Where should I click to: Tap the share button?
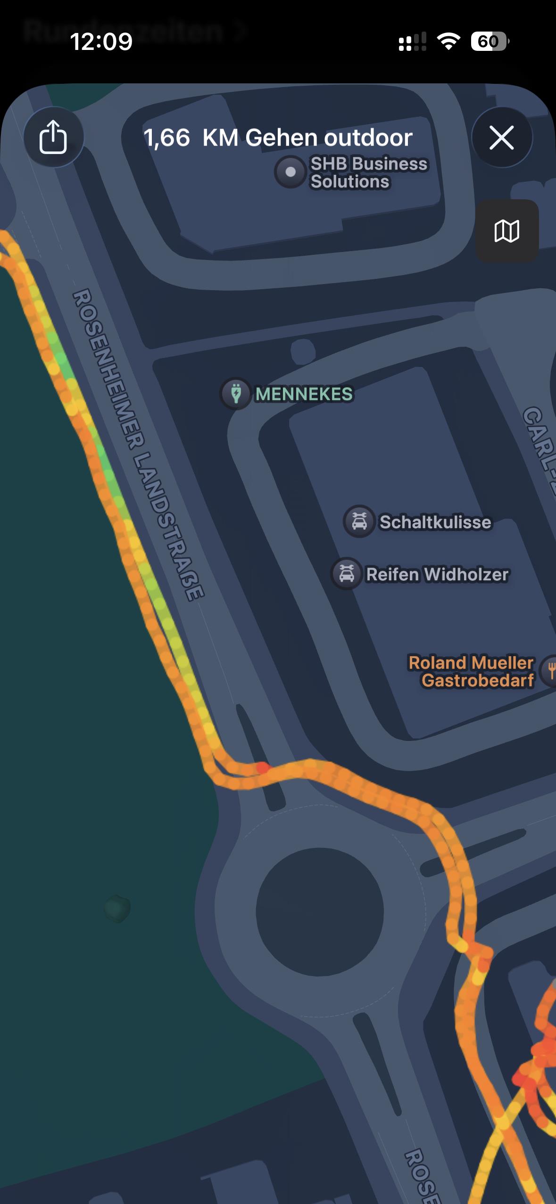[x=53, y=137]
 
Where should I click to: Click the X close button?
[x=501, y=138]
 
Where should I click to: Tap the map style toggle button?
[x=506, y=231]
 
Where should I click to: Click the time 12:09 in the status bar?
[x=101, y=42]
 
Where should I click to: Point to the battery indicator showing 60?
[x=490, y=42]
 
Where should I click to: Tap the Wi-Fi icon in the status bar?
[x=448, y=41]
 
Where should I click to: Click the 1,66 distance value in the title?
[x=166, y=138]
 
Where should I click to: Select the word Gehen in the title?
[x=282, y=138]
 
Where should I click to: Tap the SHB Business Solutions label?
[x=368, y=172]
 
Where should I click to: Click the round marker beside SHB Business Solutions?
[x=290, y=172]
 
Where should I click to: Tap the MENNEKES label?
[x=304, y=394]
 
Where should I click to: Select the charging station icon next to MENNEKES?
[x=236, y=393]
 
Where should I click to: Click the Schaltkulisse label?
[x=435, y=522]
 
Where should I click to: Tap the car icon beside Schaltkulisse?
[x=359, y=521]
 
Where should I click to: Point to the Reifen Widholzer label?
[x=437, y=574]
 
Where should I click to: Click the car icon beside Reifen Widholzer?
[x=347, y=574]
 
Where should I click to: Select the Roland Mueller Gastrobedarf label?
[x=471, y=671]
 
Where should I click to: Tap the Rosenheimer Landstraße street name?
[x=138, y=445]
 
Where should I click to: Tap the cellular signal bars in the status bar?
[x=412, y=42]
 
